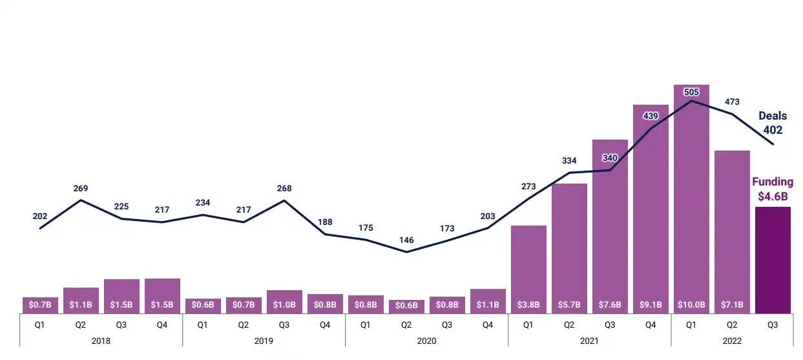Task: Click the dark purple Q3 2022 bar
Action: (x=773, y=260)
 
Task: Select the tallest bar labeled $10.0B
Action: (x=691, y=194)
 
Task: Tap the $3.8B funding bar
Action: (x=528, y=265)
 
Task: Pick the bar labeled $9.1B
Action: (x=651, y=207)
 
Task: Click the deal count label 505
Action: (x=691, y=92)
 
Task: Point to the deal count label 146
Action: (x=406, y=240)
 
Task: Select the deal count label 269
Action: (x=81, y=189)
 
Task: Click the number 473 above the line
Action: (x=732, y=102)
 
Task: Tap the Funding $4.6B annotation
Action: (x=773, y=189)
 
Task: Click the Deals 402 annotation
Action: (x=773, y=123)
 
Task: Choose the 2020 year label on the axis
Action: (x=426, y=341)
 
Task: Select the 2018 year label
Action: (x=101, y=341)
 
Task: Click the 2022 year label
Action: (x=732, y=341)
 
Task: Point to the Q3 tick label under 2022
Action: (x=773, y=325)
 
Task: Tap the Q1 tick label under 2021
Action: (x=528, y=325)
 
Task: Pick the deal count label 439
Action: (x=651, y=116)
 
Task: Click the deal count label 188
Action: (x=325, y=222)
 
